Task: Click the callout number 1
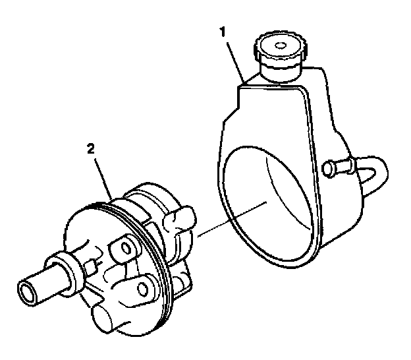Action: click(223, 32)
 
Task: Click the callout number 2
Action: click(91, 149)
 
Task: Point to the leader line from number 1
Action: click(235, 62)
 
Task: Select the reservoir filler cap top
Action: click(280, 47)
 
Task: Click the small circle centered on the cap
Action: click(281, 45)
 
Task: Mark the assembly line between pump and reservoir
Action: click(232, 219)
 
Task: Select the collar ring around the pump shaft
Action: click(64, 272)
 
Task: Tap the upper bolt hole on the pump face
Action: click(126, 248)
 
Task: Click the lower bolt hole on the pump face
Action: click(142, 289)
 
